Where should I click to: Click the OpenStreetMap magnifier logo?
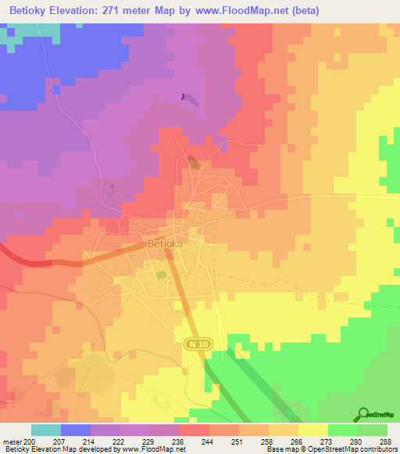[364, 414]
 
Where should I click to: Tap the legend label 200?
[30, 442]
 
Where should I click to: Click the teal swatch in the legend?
[46, 430]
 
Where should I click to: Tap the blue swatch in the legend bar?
[76, 430]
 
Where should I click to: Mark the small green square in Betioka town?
[161, 275]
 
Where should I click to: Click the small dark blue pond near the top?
[184, 97]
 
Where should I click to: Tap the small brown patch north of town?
[193, 163]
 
